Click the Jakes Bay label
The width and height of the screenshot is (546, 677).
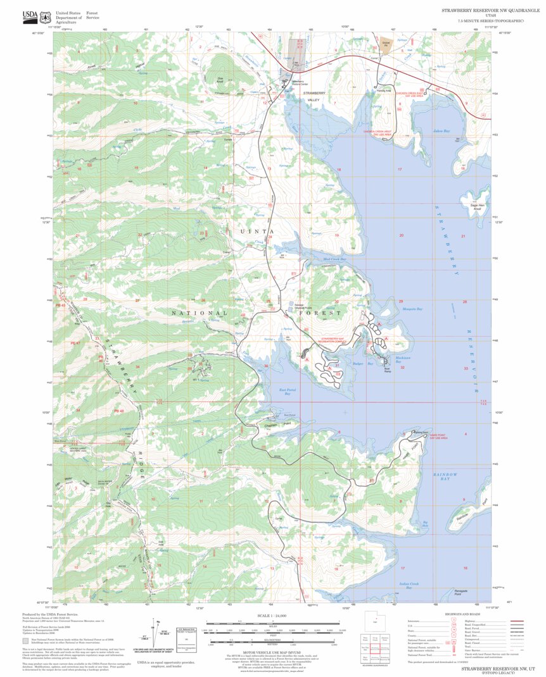[441, 131]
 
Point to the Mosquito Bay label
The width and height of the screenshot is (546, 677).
[412, 309]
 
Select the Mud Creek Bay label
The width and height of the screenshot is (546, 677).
[334, 259]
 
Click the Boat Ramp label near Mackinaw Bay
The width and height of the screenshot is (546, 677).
[386, 362]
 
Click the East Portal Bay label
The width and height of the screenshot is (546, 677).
[288, 392]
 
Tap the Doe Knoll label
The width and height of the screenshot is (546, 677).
[221, 81]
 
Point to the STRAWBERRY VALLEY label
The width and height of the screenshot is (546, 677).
[313, 96]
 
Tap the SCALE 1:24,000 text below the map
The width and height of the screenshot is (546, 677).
[272, 615]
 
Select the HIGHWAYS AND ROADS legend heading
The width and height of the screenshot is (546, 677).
[466, 614]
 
